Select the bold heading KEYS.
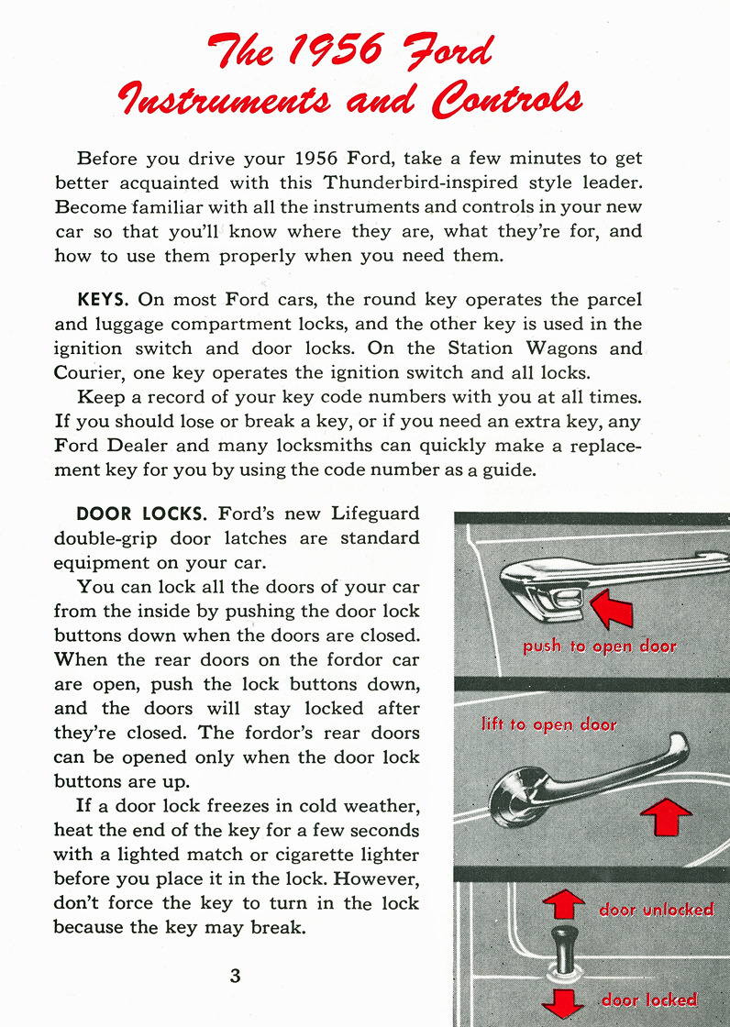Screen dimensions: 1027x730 [105, 300]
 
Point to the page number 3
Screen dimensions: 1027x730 [236, 976]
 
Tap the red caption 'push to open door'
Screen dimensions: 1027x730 [599, 646]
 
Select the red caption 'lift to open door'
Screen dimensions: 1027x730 [548, 724]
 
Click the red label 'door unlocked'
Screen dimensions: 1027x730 [656, 910]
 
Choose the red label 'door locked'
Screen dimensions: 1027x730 [648, 999]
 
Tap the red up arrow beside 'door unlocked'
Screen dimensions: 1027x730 [563, 902]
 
